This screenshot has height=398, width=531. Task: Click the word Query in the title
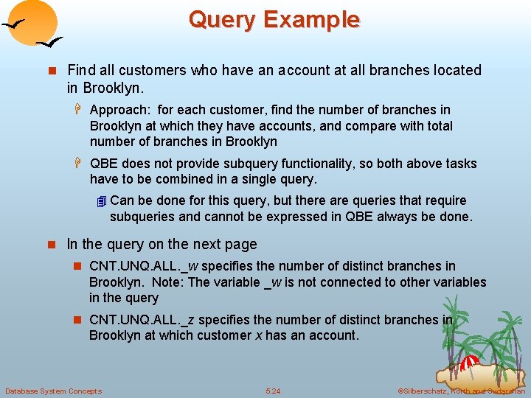point(223,19)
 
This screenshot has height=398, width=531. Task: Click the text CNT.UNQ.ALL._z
point(142,320)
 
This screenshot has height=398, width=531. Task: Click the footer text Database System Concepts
point(54,391)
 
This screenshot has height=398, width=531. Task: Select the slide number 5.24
point(273,391)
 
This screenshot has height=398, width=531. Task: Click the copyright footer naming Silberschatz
point(461,391)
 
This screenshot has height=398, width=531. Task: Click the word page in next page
point(243,245)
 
